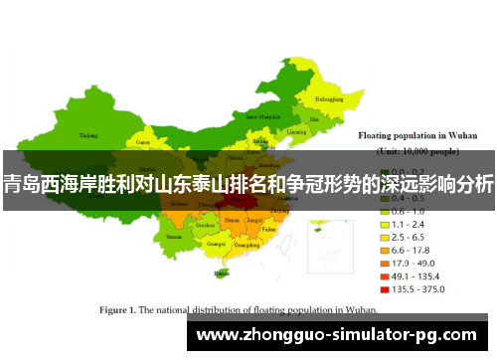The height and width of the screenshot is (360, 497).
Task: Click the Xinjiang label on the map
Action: coord(88,134)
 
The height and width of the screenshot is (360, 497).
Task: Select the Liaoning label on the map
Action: coord(296,131)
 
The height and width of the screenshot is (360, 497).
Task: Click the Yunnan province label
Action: coord(174,238)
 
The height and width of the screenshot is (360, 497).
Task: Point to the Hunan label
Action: coord(232,219)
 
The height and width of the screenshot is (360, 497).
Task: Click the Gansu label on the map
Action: coord(142,142)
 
